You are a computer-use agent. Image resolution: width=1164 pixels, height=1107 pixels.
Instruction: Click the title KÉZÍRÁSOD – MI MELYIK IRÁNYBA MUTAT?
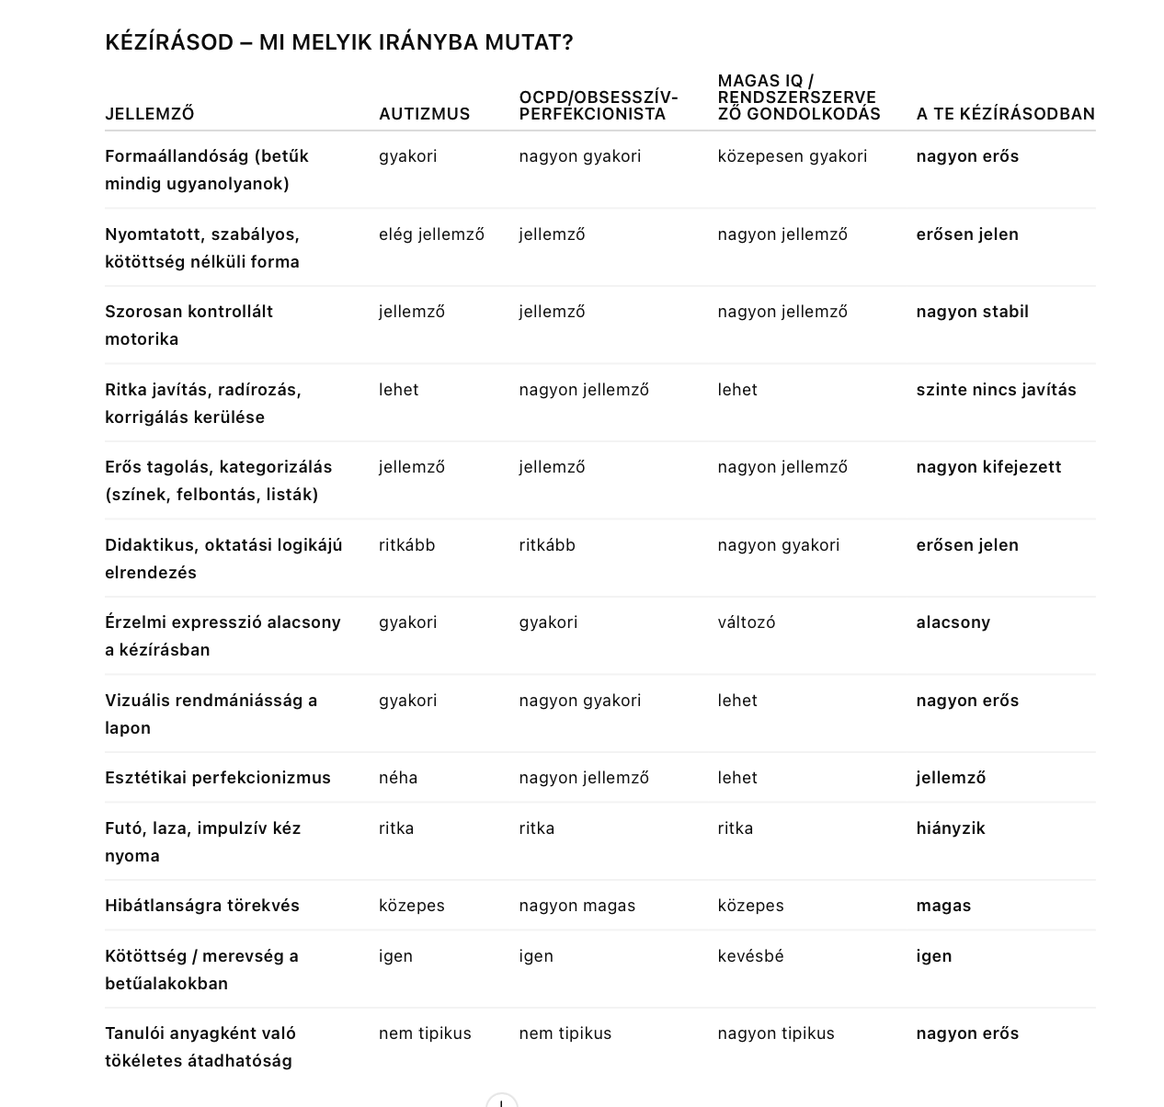[338, 42]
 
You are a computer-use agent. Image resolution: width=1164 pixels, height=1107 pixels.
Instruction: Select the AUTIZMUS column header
[424, 114]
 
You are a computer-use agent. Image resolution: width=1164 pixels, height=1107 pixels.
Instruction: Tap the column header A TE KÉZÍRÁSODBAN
[1005, 114]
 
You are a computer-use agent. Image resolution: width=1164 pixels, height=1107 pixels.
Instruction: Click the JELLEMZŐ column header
[149, 114]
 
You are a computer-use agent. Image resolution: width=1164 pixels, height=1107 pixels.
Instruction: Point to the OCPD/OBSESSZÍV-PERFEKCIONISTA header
[598, 106]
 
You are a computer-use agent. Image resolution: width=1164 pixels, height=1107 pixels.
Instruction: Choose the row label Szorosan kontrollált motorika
[188, 325]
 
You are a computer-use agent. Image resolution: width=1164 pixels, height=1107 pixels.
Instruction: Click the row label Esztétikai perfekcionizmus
[218, 778]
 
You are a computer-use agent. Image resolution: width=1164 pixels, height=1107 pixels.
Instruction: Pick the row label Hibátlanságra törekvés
[202, 906]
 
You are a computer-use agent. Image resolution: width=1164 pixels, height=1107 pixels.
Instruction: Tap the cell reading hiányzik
[950, 828]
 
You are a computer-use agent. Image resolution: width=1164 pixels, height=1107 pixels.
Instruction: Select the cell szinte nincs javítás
[996, 390]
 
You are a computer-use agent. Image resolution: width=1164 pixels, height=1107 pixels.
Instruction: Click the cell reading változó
[746, 622]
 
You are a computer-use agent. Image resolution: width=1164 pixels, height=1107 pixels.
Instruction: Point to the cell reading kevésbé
[750, 956]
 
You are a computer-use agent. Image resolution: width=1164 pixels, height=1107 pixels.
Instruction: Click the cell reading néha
[398, 778]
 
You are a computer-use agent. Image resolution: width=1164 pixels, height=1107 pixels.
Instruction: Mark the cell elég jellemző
[431, 234]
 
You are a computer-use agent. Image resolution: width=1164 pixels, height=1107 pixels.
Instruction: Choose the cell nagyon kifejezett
[988, 467]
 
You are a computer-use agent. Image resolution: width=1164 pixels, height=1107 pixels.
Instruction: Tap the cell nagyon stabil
[972, 312]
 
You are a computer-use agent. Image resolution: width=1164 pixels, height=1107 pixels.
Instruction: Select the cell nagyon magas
[576, 906]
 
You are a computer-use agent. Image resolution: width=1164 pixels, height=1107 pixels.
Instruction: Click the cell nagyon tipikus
[776, 1033]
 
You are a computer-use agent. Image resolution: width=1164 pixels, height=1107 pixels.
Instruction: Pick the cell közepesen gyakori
[792, 156]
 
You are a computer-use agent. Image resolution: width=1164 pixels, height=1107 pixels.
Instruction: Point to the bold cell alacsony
[953, 622]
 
